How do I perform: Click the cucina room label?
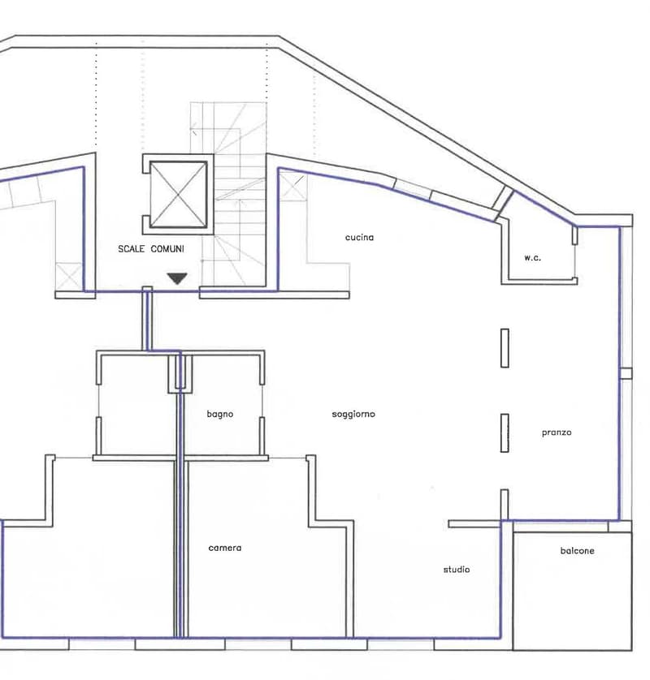[359, 237]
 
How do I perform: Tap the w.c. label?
[532, 257]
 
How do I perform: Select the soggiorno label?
[353, 415]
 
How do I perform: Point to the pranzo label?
[557, 433]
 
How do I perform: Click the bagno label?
[220, 415]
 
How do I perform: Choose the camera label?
[225, 548]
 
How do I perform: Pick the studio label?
[457, 570]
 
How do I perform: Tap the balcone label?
[577, 551]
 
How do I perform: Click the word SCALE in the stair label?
[132, 249]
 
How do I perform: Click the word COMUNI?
[167, 249]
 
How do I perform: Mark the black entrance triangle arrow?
[177, 278]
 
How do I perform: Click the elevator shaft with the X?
[178, 194]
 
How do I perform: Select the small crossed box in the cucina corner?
[292, 186]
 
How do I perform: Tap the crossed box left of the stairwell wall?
[69, 276]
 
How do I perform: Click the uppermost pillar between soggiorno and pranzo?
[505, 348]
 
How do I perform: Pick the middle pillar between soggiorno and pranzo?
[505, 433]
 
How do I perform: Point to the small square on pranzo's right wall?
[626, 373]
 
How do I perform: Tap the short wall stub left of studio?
[474, 524]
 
